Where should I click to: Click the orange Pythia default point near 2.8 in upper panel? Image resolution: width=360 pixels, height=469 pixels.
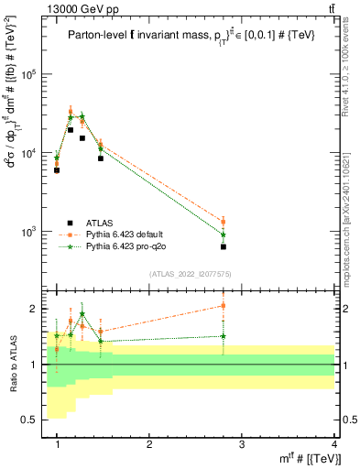224,222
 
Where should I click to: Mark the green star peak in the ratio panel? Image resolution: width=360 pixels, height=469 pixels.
82,314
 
